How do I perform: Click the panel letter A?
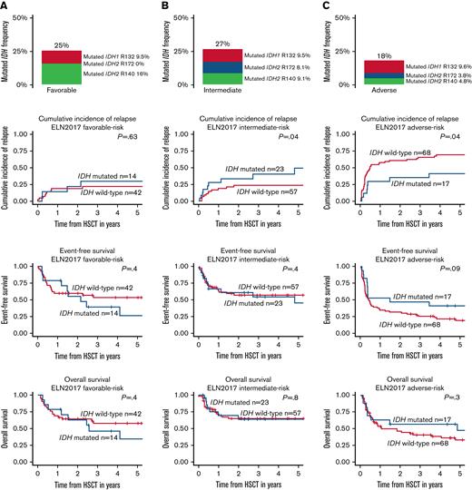5,5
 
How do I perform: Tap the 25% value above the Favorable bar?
62,44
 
